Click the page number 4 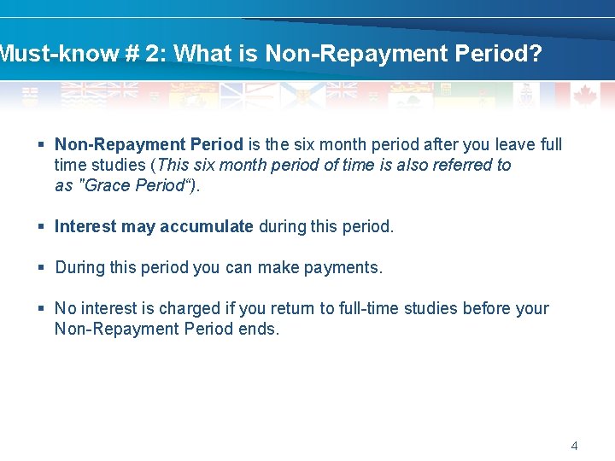[574, 446]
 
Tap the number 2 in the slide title [153, 54]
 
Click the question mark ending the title [535, 54]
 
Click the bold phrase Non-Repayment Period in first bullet [149, 144]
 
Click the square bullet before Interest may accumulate [41, 227]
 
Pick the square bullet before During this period [41, 268]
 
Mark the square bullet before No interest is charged [41, 309]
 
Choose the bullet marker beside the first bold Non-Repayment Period [41, 145]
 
